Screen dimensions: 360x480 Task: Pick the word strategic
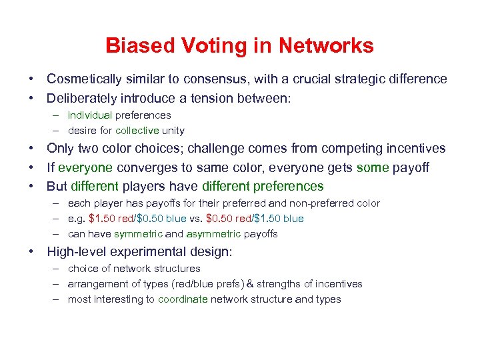pos(358,79)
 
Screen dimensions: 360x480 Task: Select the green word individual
pos(90,115)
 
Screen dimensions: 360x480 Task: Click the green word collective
pos(137,131)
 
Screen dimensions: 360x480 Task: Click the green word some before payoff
pos(372,167)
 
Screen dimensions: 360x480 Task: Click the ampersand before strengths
pos(250,284)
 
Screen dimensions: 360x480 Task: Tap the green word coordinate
pos(183,299)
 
